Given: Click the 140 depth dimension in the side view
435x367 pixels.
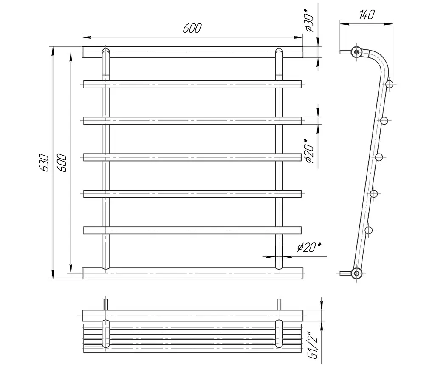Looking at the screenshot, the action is click(367, 15).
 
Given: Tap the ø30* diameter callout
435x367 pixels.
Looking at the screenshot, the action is click(309, 20).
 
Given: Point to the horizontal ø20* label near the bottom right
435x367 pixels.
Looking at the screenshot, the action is click(309, 247).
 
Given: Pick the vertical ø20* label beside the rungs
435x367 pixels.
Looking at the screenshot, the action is click(309, 151).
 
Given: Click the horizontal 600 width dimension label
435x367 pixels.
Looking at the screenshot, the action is click(192, 28).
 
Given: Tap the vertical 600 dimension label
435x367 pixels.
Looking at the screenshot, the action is click(62, 162).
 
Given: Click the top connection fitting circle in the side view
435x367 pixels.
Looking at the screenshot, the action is click(356, 52).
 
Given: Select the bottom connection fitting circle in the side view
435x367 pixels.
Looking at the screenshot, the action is click(356, 273).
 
